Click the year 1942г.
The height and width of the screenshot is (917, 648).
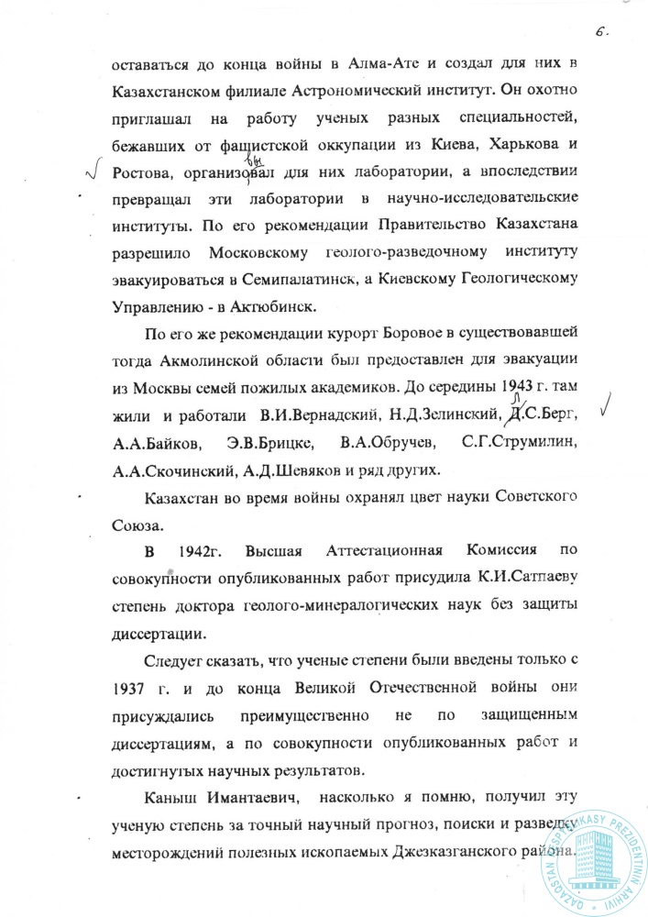pyautogui.click(x=201, y=553)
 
